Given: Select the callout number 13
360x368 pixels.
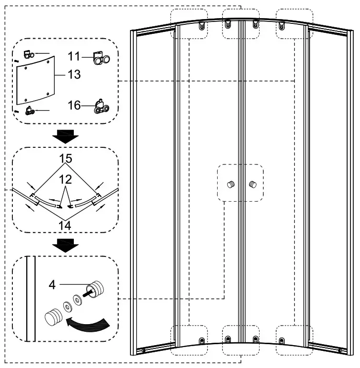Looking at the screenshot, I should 74,75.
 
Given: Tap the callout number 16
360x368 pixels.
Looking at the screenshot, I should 74,105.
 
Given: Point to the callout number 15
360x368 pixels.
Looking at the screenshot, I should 66,157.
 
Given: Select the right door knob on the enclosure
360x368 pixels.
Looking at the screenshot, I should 251,184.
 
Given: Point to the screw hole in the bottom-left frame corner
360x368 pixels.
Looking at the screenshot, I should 143,351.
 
